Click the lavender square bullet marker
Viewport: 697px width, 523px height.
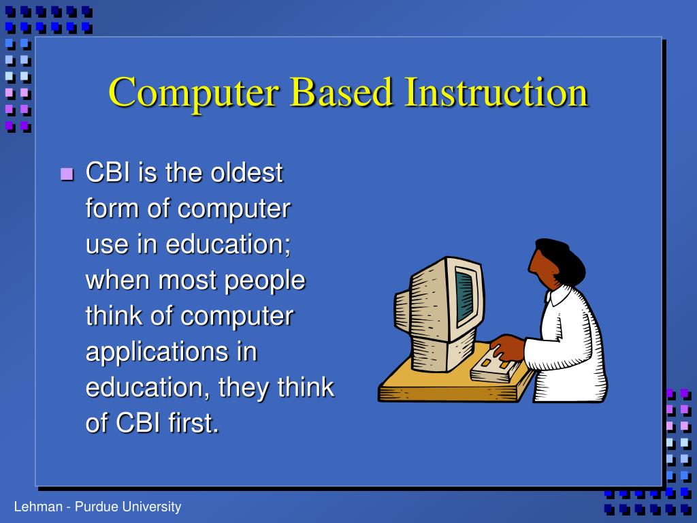tap(66, 174)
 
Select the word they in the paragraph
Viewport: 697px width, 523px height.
tap(246, 387)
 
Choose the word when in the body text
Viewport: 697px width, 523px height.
tap(118, 280)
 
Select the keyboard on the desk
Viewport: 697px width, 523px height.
tap(496, 364)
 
